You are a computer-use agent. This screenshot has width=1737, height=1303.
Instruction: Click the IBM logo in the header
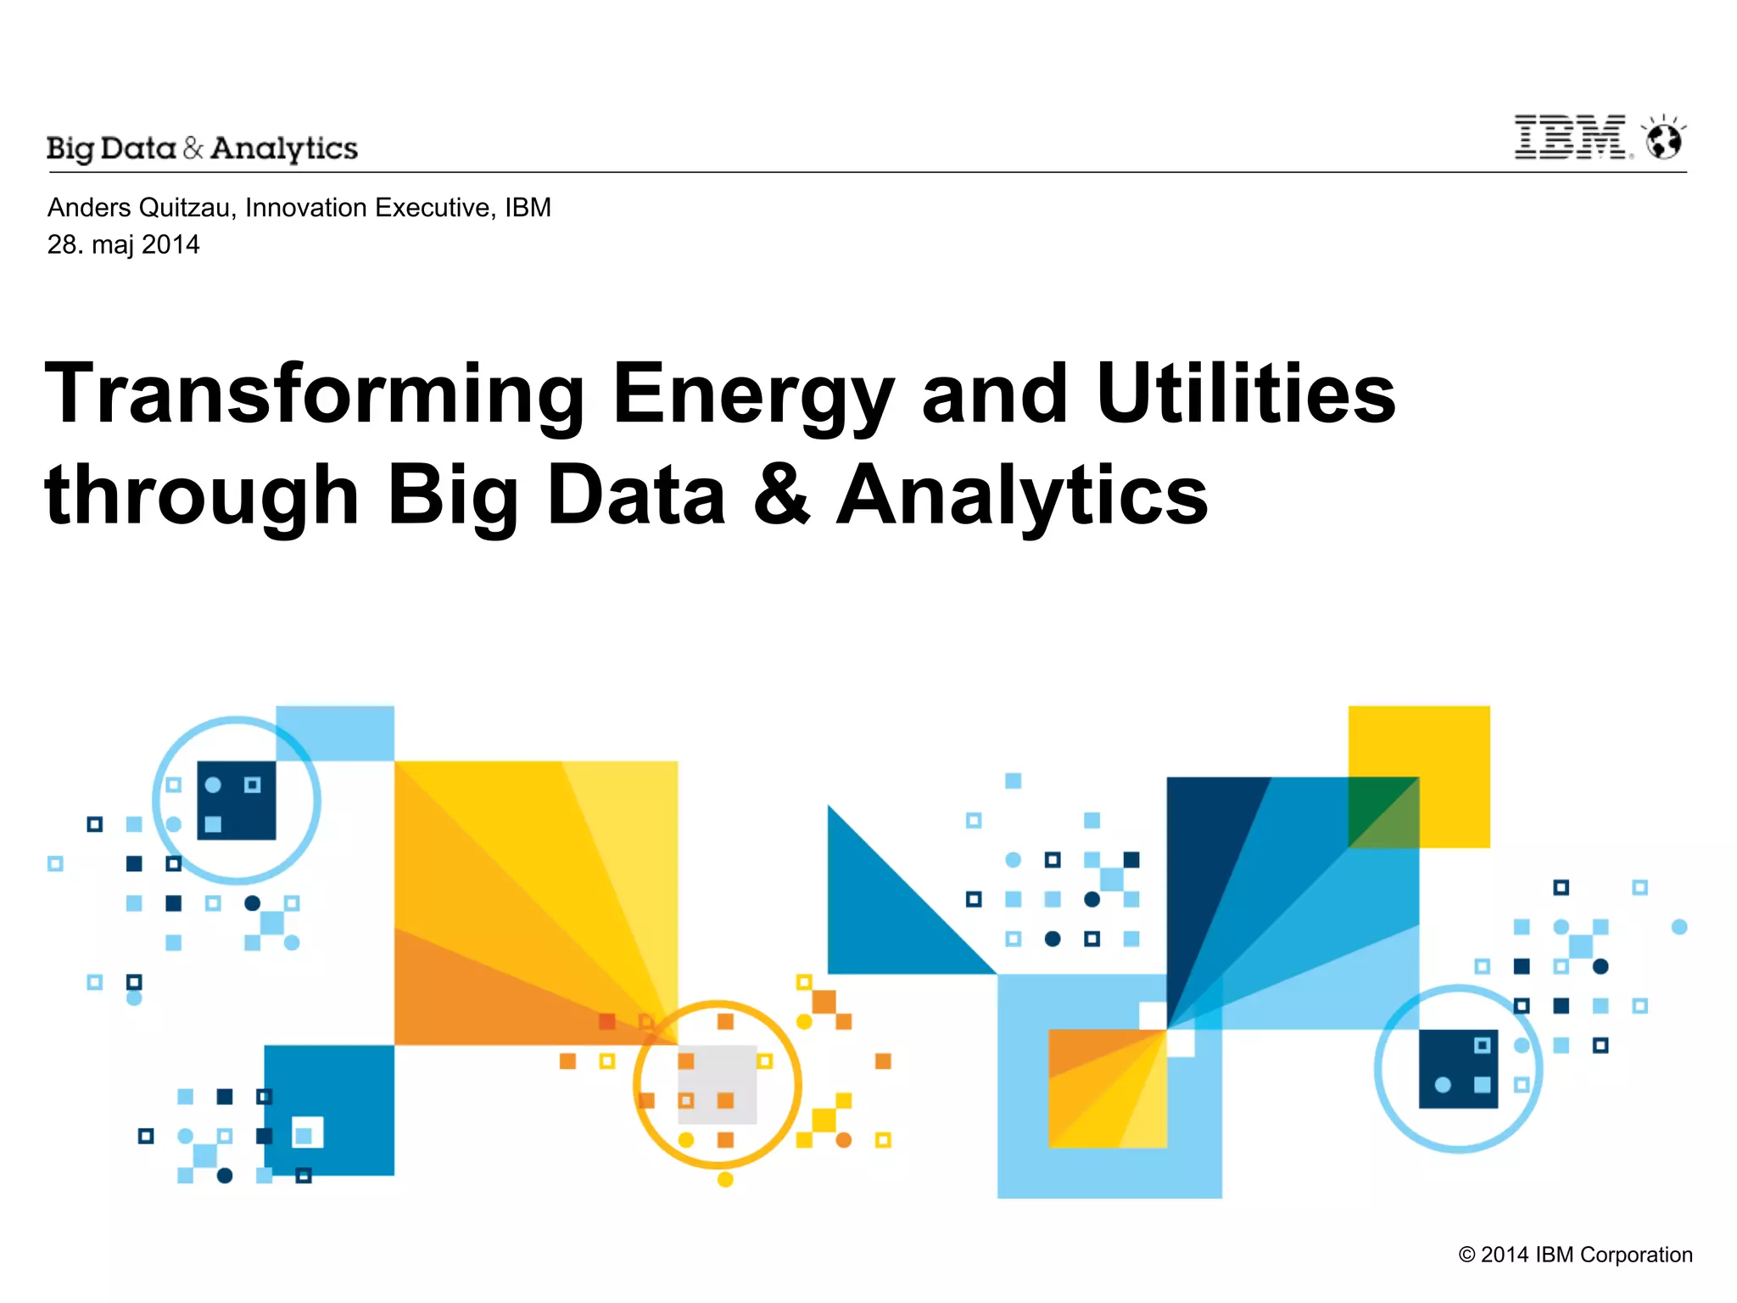[1571, 138]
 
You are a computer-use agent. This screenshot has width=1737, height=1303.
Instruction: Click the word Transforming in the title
[315, 394]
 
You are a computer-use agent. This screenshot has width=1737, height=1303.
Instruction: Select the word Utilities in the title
[1246, 394]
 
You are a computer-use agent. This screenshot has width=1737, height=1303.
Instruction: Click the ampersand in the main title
[780, 495]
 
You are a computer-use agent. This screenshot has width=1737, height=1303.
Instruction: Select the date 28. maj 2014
[124, 245]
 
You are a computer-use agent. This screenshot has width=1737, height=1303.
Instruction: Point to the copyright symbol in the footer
[1466, 1255]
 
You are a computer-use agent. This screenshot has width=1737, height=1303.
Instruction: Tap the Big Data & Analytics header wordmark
[203, 148]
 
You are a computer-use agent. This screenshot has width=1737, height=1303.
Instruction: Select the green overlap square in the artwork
[1383, 812]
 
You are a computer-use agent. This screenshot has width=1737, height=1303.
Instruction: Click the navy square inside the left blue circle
[237, 801]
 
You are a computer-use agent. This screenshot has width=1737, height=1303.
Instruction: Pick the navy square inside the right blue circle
[1458, 1069]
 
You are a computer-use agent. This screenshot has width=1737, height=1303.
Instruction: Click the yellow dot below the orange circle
[725, 1179]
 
